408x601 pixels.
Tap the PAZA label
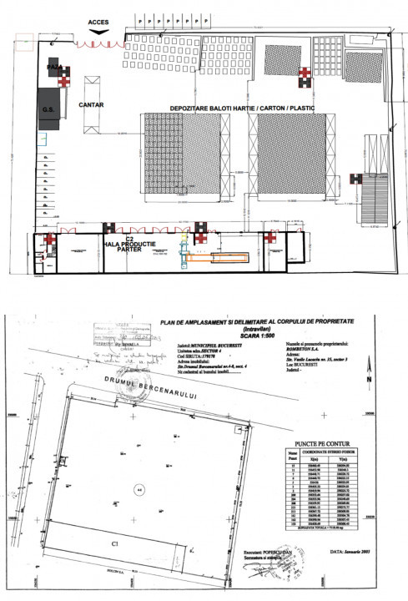(55, 66)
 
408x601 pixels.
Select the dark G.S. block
(48, 109)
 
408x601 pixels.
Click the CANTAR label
(91, 106)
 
